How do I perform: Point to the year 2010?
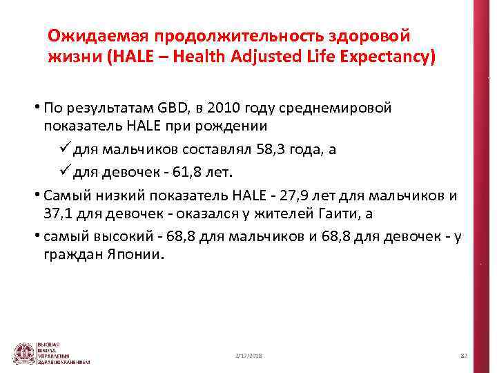(226, 108)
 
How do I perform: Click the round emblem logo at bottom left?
(25, 352)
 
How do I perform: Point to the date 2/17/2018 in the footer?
(249, 355)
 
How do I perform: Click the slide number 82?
(464, 355)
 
